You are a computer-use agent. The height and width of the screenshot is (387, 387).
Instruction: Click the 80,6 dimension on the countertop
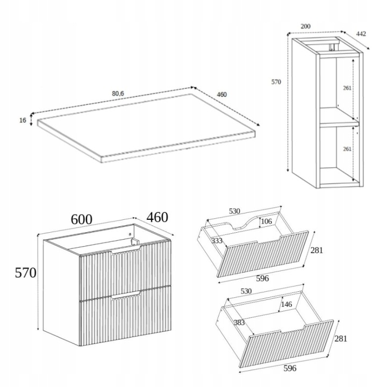118,94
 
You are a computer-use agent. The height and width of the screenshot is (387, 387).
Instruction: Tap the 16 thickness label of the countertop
23,120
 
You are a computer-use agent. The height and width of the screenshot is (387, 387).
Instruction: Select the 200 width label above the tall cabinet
305,26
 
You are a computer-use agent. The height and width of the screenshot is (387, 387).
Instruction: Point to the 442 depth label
361,33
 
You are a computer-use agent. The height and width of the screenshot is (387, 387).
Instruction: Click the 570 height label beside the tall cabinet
276,82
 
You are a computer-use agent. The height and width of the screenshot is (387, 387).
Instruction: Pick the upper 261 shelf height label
347,88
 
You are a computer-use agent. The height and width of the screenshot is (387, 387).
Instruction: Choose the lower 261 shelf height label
347,149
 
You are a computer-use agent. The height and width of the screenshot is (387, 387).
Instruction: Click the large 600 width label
82,219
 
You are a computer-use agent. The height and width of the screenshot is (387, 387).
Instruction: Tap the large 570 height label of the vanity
26,273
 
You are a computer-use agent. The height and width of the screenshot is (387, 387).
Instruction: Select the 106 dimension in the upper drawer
266,221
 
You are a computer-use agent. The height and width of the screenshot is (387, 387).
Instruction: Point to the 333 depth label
217,240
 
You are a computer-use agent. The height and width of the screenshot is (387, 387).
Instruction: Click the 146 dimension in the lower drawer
286,304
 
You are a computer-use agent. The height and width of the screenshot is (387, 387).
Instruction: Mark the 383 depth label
239,322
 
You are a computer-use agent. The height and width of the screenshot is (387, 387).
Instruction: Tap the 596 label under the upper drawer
262,278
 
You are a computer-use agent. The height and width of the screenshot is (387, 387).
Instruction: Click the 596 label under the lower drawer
290,368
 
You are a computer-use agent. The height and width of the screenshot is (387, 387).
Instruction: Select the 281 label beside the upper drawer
317,250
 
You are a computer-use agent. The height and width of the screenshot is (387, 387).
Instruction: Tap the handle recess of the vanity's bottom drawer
126,296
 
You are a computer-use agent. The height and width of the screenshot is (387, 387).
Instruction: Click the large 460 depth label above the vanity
157,218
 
